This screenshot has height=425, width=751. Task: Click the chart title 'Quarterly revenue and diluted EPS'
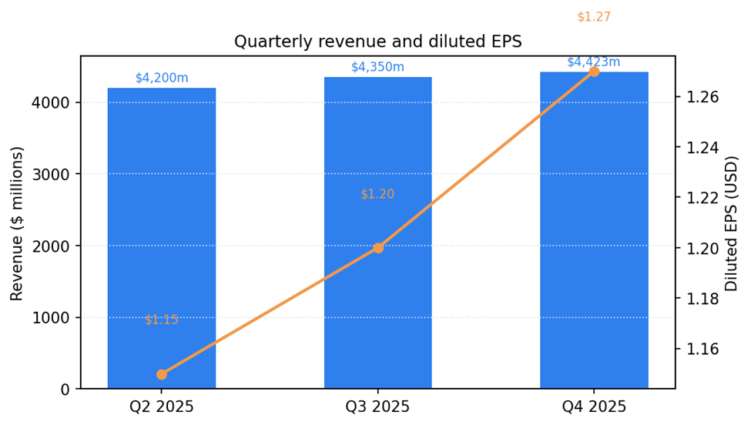(x=377, y=42)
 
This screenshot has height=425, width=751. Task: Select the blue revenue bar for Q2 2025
(x=162, y=239)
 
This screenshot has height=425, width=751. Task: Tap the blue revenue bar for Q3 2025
(x=377, y=154)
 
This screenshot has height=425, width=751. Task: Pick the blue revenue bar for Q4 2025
(x=594, y=231)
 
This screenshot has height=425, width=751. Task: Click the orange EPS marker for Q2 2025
(x=162, y=374)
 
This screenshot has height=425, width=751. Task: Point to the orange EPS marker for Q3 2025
(x=377, y=248)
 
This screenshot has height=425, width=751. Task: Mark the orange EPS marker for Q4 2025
(x=594, y=72)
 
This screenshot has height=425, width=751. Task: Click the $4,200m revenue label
(x=162, y=78)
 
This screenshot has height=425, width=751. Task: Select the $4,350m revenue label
(x=377, y=67)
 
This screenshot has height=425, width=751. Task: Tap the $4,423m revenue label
(x=594, y=62)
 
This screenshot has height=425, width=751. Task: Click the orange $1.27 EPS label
(x=594, y=17)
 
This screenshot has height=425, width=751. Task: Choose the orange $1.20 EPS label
(x=377, y=194)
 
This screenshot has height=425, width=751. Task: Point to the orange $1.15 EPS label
(x=162, y=320)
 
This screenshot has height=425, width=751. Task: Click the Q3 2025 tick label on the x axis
(x=377, y=407)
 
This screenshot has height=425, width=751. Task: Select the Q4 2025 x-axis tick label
(x=594, y=407)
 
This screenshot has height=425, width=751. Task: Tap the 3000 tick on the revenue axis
(x=52, y=174)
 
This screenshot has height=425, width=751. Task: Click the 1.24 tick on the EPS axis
(x=702, y=148)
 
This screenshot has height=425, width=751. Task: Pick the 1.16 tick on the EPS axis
(x=702, y=349)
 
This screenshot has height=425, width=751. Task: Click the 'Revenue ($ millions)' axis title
(x=17, y=223)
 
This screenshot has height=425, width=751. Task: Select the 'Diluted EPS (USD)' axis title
(x=732, y=223)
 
